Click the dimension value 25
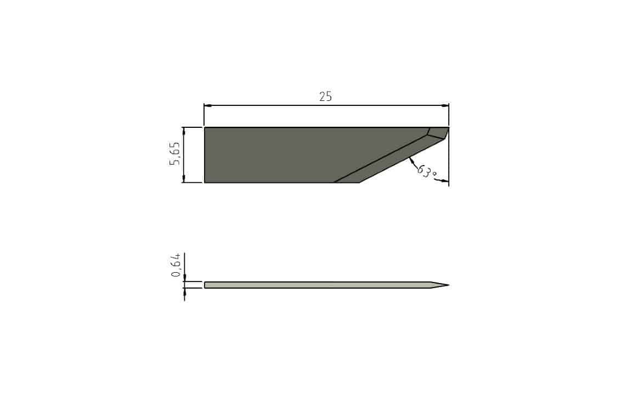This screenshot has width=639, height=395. [325, 97]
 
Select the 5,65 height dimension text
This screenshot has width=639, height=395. [174, 154]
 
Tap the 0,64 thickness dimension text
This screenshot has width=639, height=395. [176, 265]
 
